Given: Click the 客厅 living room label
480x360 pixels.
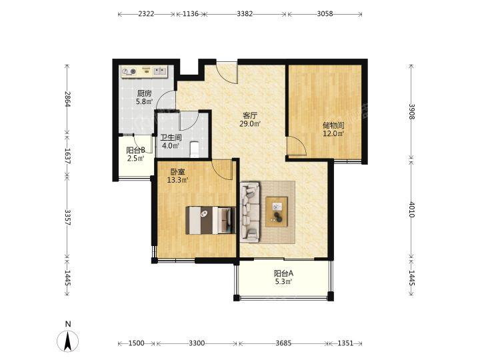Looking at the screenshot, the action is click(250, 116).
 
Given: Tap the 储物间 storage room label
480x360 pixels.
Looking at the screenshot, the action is click(333, 125).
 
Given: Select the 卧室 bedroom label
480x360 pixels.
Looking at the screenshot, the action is click(177, 172).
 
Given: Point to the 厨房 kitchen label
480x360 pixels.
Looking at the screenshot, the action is click(144, 93).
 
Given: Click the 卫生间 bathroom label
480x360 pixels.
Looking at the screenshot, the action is click(171, 137).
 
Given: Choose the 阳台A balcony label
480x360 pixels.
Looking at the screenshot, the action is click(283, 273).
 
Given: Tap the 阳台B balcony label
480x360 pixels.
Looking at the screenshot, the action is click(135, 150).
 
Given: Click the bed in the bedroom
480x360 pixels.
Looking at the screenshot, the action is click(211, 221).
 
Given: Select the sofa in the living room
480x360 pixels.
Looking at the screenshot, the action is click(251, 212).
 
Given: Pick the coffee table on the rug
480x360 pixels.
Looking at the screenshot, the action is click(277, 212).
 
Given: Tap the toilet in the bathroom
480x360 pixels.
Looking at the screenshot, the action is click(195, 149).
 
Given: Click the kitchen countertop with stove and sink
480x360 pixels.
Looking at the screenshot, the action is click(144, 71).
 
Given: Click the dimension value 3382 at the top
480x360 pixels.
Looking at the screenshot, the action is click(245, 14).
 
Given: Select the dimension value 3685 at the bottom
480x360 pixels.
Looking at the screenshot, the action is click(283, 343).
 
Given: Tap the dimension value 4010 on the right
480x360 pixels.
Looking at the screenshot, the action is click(411, 209).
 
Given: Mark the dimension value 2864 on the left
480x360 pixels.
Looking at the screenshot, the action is click(68, 99).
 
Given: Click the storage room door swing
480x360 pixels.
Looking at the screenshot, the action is click(296, 147).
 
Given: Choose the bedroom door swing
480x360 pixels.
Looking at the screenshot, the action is click(222, 169).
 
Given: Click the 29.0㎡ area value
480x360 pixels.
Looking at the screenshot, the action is click(250, 124).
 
